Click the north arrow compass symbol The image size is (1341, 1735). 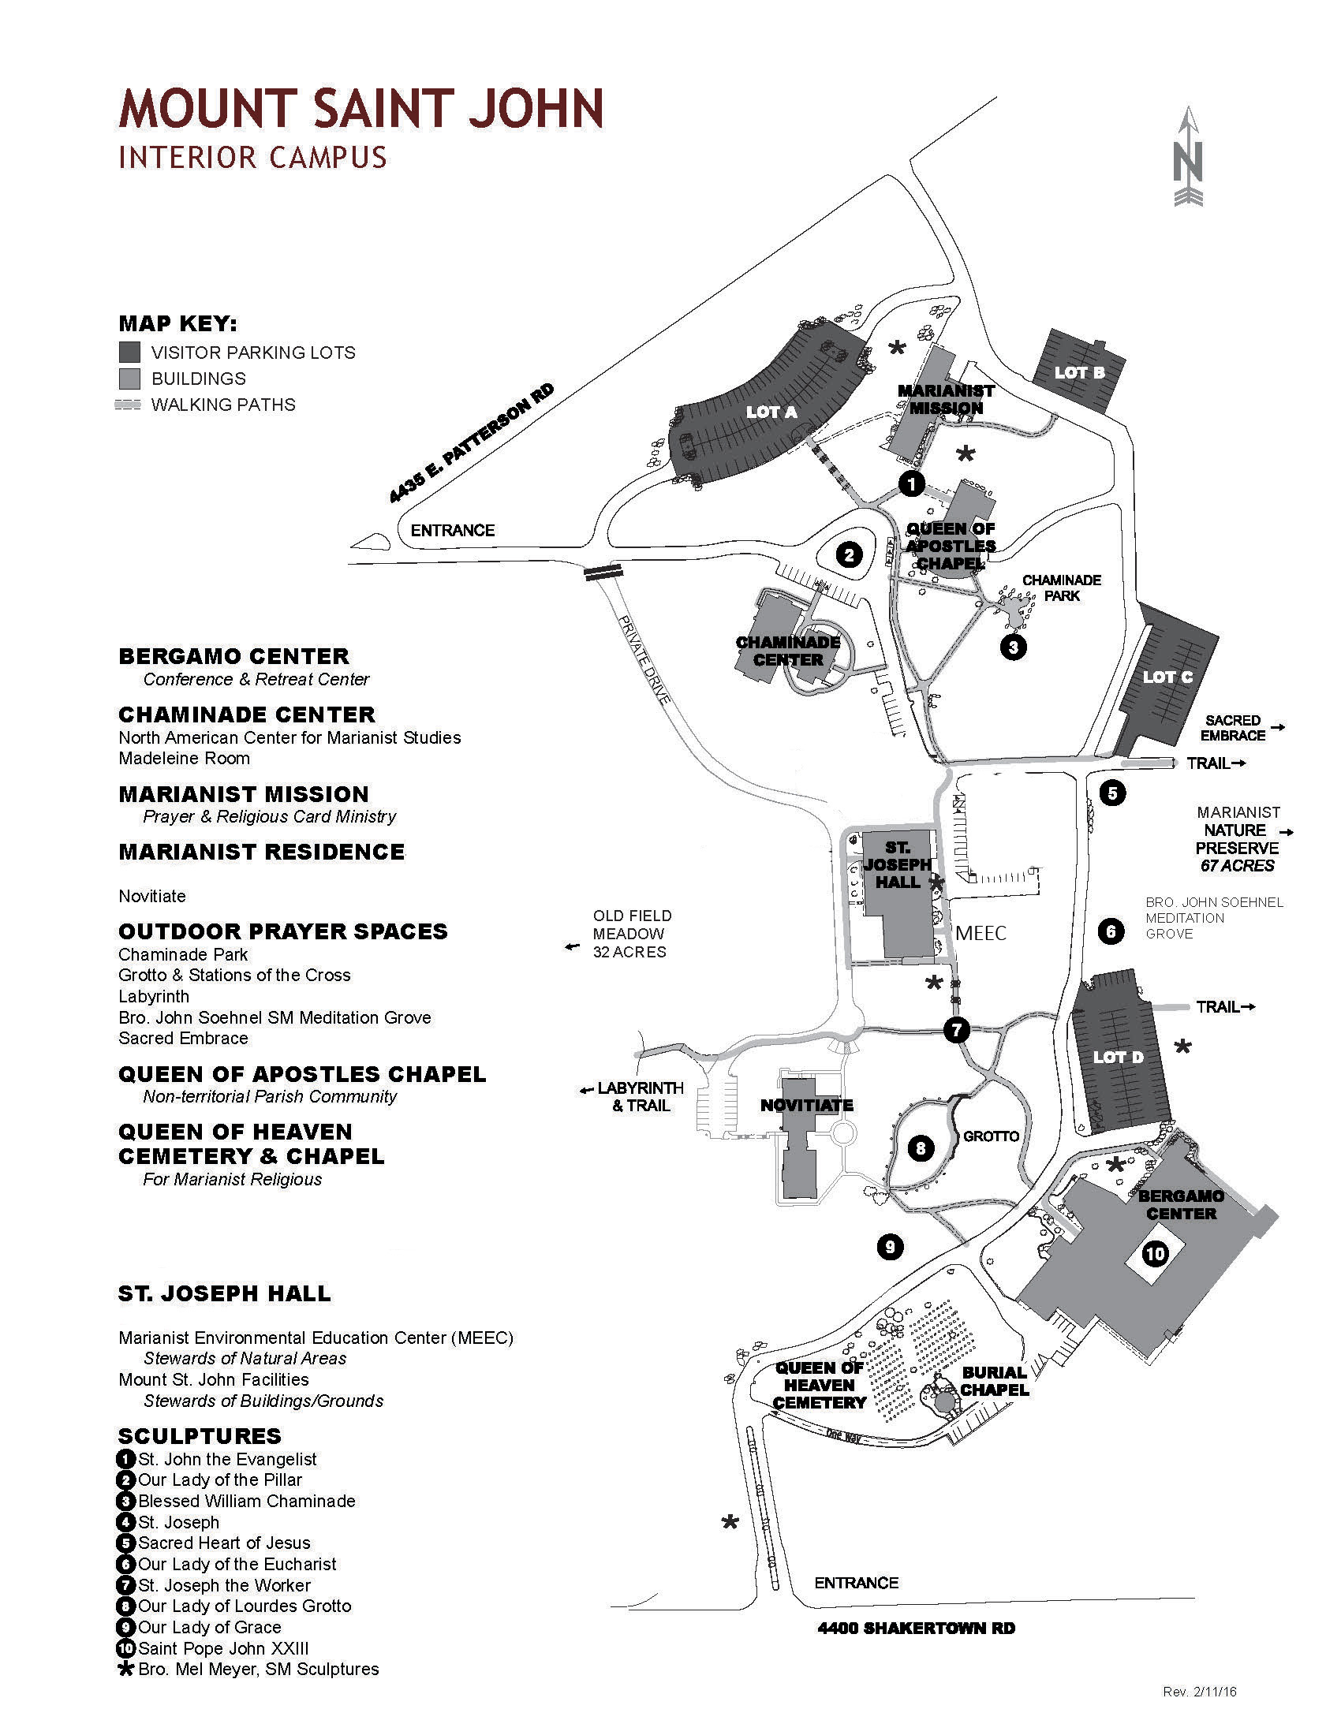coord(1188,156)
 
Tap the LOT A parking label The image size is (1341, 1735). coord(771,412)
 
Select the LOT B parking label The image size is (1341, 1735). coord(1079,372)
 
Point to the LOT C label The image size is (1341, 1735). coord(1167,677)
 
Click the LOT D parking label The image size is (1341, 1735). coord(1118,1058)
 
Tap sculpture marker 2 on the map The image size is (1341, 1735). coord(850,554)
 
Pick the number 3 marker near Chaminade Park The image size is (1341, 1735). coord(1013,647)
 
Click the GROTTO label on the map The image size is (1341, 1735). coord(991,1136)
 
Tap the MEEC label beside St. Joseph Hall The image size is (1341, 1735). coord(981,934)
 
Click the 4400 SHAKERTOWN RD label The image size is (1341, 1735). coord(916,1629)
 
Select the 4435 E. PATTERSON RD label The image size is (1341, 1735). coord(471,443)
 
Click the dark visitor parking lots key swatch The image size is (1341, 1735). coord(129,352)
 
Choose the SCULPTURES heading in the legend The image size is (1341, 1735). coord(200,1436)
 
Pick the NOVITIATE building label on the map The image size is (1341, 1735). coord(806,1105)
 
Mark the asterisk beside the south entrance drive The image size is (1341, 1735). coord(730,1523)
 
